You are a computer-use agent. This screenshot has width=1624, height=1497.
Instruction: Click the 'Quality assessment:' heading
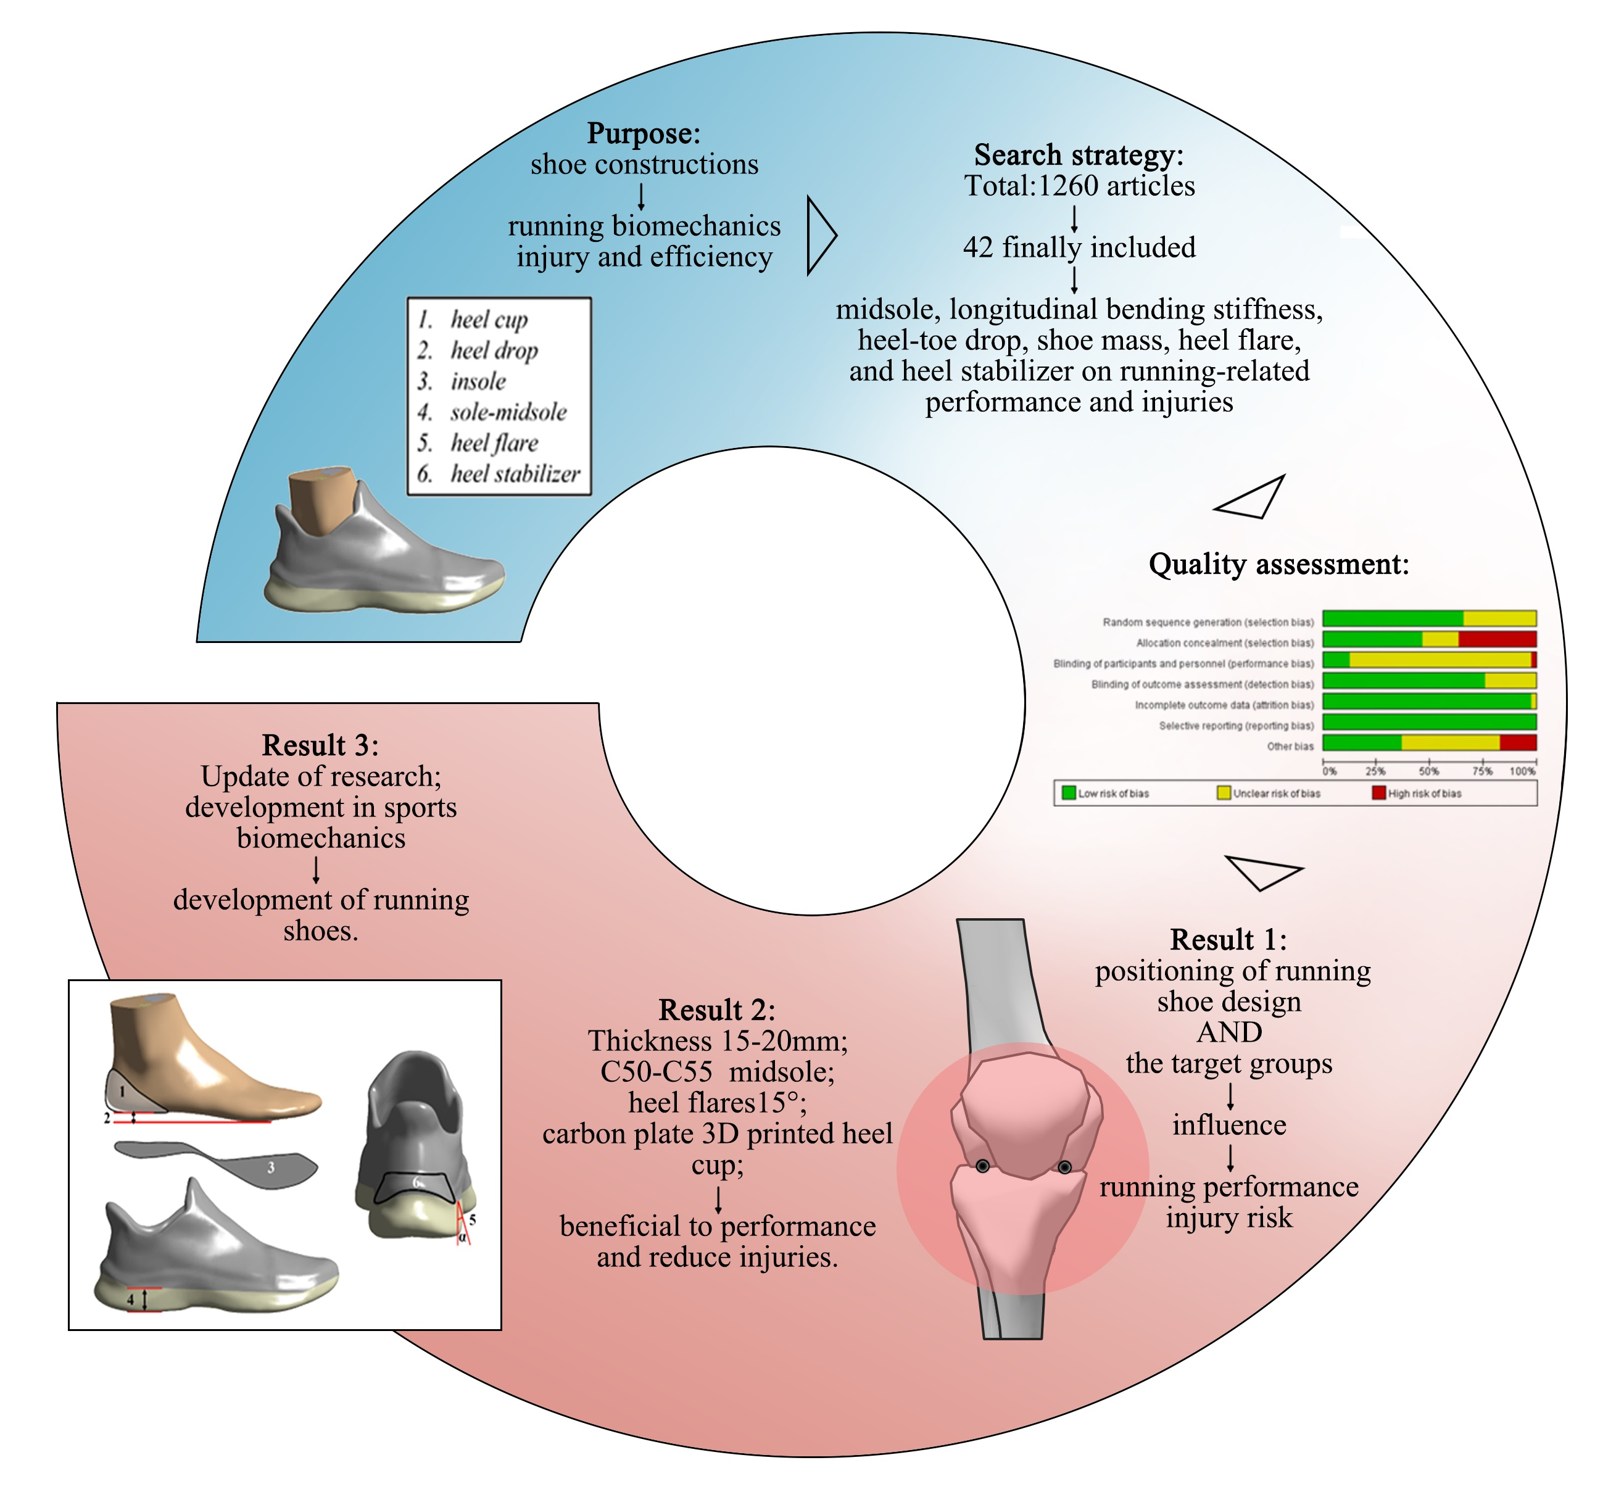tap(1278, 564)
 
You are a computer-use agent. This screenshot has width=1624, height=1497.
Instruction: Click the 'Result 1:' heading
tap(1228, 940)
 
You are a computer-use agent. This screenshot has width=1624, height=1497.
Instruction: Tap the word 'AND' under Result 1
tap(1228, 1032)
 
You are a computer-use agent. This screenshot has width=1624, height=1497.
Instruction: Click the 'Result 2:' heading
tap(717, 1010)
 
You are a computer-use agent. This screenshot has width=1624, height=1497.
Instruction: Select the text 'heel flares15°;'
tap(717, 1103)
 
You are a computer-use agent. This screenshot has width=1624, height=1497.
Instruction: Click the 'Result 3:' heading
tap(320, 745)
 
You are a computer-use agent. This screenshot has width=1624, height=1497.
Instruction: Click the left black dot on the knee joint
tap(982, 1166)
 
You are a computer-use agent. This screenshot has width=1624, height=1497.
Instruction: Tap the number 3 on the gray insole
tap(270, 1167)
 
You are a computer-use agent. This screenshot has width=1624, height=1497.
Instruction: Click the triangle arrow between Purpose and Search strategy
tap(819, 236)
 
